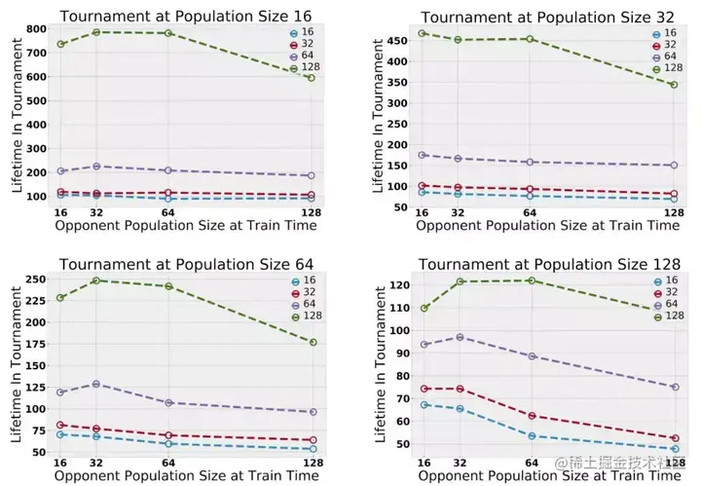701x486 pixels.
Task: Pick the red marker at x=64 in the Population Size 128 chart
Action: pos(530,416)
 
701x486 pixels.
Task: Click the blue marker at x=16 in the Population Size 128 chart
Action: pos(425,404)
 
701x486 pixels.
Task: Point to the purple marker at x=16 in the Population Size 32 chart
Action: pos(423,155)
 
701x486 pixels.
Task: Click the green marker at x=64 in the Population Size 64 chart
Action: pos(169,286)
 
